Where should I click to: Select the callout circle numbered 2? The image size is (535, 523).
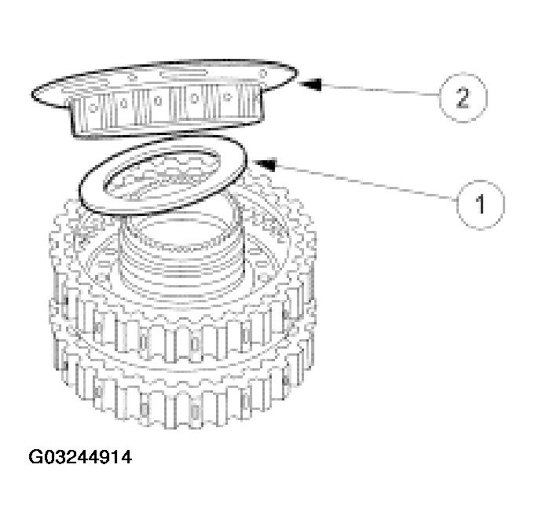462,98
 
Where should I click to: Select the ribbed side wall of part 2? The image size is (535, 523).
157,110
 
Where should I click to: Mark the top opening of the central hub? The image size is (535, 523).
185,220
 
